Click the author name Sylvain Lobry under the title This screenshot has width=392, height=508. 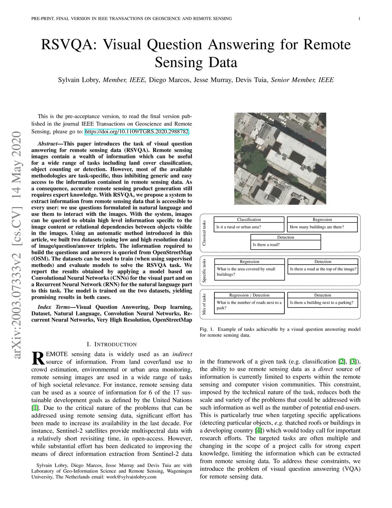79,80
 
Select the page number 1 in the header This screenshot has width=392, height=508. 360,18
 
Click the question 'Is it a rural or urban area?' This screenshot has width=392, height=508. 238,227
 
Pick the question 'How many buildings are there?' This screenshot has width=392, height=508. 317,227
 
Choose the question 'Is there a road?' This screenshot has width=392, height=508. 266,245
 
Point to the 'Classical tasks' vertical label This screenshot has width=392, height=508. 204,233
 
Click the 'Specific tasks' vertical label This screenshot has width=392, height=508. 204,271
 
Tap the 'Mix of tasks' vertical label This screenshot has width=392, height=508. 204,304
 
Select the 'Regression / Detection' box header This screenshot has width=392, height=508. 249,295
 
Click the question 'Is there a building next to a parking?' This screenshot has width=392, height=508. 322,302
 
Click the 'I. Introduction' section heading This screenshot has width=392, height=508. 111,344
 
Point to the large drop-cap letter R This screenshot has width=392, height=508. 38,358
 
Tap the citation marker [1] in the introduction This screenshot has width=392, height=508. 35,408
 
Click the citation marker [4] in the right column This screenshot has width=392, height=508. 258,430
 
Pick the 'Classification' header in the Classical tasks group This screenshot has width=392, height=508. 249,220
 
